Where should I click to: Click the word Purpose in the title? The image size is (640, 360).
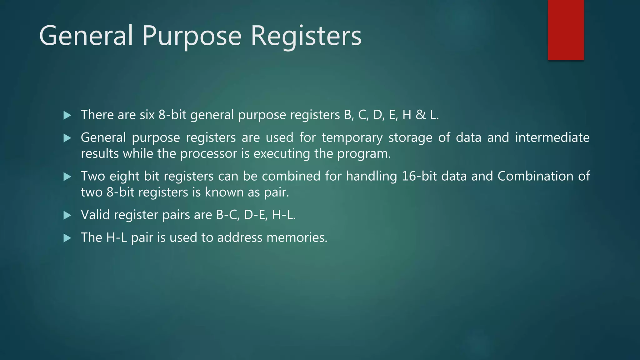pyautogui.click(x=192, y=36)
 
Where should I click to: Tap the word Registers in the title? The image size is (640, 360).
pyautogui.click(x=306, y=36)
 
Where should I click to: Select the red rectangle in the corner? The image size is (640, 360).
pyautogui.click(x=566, y=30)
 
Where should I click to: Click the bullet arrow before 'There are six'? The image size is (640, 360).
pyautogui.click(x=67, y=115)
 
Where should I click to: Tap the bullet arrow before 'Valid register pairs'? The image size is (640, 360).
pyautogui.click(x=67, y=215)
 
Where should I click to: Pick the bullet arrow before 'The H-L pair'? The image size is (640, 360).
pyautogui.click(x=67, y=238)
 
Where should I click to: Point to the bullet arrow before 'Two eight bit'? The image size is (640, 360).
pyautogui.click(x=67, y=177)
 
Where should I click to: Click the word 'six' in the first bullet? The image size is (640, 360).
pyautogui.click(x=147, y=115)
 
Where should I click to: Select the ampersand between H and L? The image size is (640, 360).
pyautogui.click(x=421, y=115)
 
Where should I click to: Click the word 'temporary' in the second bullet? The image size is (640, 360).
pyautogui.click(x=352, y=138)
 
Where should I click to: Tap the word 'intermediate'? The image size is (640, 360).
pyautogui.click(x=552, y=137)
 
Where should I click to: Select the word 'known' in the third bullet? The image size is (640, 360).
pyautogui.click(x=224, y=192)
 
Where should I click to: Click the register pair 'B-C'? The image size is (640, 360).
pyautogui.click(x=228, y=215)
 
